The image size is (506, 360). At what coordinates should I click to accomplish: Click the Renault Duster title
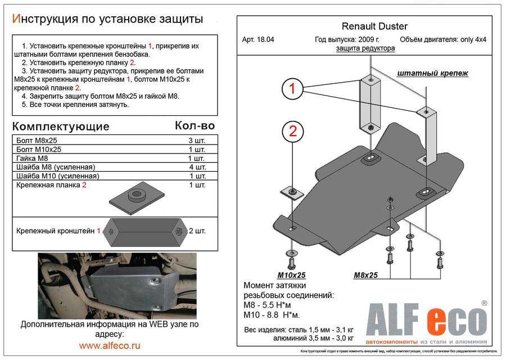click(x=375, y=26)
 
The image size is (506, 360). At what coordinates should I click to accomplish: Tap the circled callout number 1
click(x=292, y=88)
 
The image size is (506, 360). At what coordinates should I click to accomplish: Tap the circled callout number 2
click(x=292, y=132)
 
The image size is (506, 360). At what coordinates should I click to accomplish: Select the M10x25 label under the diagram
click(x=291, y=275)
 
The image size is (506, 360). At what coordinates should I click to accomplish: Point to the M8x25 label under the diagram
click(x=365, y=275)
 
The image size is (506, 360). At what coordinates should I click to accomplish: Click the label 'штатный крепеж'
click(x=432, y=73)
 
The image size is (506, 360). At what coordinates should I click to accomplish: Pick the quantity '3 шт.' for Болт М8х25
click(x=197, y=140)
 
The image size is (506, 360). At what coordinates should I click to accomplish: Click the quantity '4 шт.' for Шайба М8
click(x=197, y=168)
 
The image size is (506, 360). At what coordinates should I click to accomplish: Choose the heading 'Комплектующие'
click(x=61, y=126)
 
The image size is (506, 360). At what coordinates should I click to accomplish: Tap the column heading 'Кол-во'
click(x=195, y=125)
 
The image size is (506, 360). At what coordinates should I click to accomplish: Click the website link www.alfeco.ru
click(x=110, y=345)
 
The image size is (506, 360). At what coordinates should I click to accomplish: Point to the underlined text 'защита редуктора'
click(x=365, y=48)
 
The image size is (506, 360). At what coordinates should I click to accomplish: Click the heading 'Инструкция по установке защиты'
click(x=107, y=19)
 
